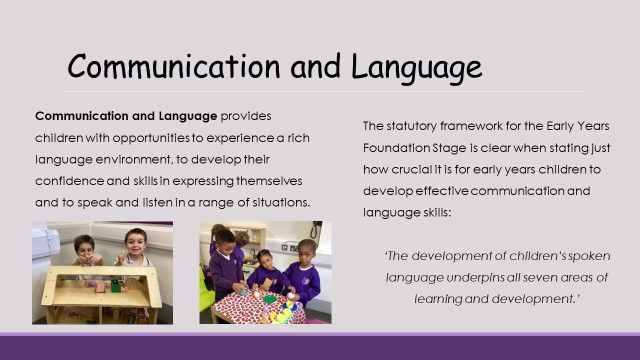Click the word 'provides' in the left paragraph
coord(246,116)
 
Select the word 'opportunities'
coord(151,138)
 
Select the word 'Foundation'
coord(396,148)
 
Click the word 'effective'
coord(442,191)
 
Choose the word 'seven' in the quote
coord(540,277)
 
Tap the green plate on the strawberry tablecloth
coord(270,299)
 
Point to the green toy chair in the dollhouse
coord(115,286)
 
